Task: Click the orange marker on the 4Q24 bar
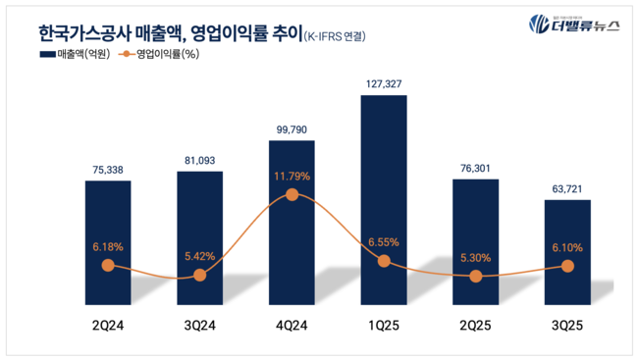292,194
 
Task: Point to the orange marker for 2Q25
476,277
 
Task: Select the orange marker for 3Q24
200,275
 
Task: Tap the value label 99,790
292,128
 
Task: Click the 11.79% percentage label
292,177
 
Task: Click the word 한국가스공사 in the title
79,33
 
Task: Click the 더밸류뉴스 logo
573,26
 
